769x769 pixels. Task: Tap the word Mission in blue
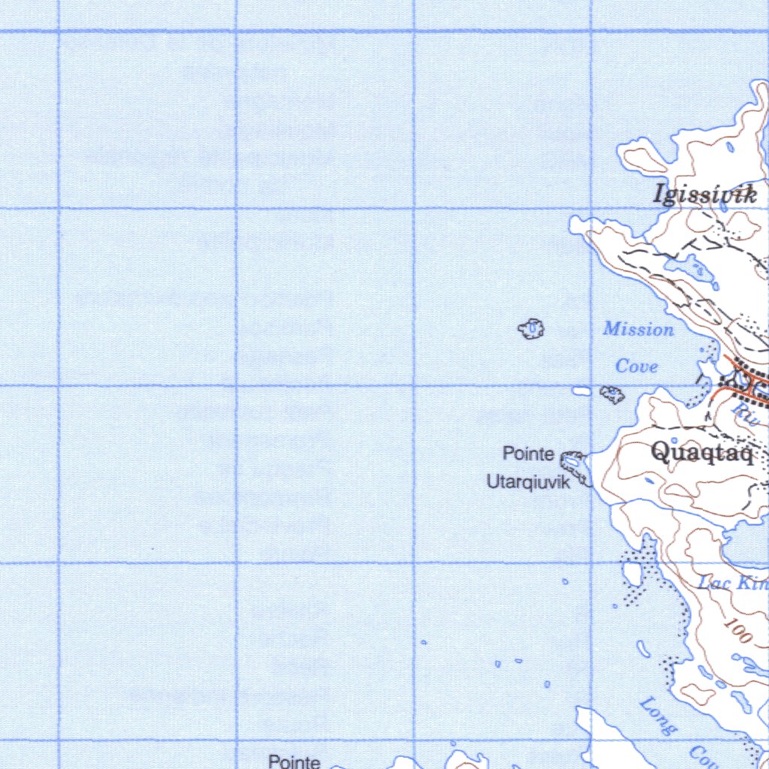(638, 329)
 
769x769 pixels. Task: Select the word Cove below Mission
(636, 366)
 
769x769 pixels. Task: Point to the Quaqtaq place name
(702, 451)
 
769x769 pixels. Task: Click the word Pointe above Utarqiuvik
(529, 454)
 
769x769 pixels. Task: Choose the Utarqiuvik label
(528, 482)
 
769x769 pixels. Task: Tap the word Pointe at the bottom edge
(294, 761)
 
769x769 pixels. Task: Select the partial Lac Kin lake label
(732, 583)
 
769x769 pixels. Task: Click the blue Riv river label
(746, 412)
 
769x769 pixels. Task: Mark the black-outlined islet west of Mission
(532, 327)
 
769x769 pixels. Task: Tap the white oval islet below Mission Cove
(582, 391)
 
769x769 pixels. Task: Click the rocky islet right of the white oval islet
(613, 394)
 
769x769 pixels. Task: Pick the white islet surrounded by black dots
(632, 574)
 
